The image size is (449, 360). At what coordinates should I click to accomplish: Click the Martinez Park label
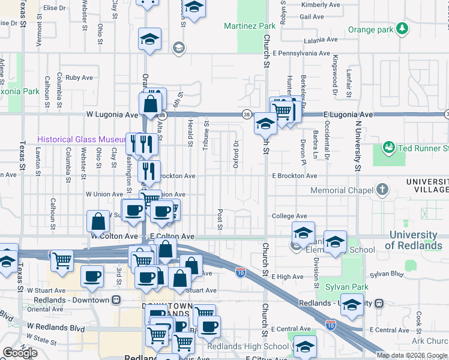point(250,26)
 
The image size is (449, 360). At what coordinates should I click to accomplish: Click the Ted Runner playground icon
point(388,148)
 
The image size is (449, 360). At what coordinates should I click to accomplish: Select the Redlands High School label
point(247,346)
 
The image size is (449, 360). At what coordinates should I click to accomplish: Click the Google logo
point(20,353)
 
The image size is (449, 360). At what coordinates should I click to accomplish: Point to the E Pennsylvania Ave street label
point(301,53)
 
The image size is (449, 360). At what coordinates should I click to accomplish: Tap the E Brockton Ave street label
point(294,176)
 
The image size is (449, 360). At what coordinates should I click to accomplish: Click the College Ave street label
point(289,216)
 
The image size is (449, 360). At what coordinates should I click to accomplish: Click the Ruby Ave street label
point(79,77)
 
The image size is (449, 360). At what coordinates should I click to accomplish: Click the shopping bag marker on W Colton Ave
point(98,221)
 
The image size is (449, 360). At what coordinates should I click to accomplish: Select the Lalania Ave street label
point(321,41)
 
